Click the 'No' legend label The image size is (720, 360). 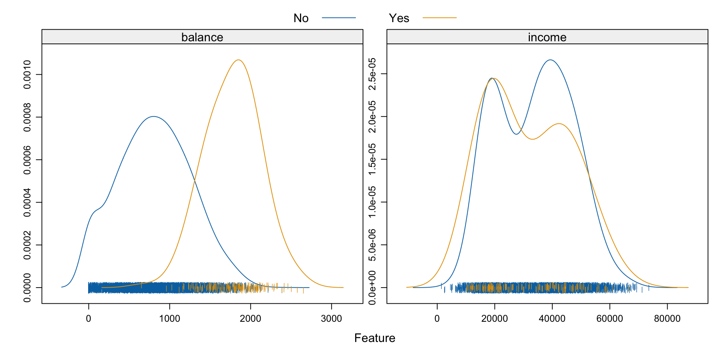coord(301,18)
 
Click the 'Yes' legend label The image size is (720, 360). coord(399,18)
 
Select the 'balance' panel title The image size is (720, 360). coord(202,37)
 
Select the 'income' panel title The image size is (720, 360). coord(547,37)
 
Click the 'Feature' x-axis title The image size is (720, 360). coord(375,338)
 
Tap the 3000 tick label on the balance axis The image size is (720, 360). coord(331,318)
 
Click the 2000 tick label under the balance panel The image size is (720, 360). coord(250,318)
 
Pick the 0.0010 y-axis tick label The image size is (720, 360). coord(27,74)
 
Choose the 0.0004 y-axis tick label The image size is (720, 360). coord(27,202)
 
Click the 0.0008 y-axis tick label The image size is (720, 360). coord(27,117)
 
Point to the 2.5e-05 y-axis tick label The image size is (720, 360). coord(372,74)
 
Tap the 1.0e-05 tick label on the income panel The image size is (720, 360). coord(372,202)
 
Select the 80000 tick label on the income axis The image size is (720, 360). coord(667,318)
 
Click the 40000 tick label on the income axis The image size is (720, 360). coord(552,318)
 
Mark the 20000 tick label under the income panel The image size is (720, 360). coord(495,318)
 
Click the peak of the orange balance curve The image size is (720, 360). coord(238,60)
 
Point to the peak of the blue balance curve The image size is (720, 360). coord(153,117)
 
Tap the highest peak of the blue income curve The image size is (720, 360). coord(550,60)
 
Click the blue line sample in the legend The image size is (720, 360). coord(339,18)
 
